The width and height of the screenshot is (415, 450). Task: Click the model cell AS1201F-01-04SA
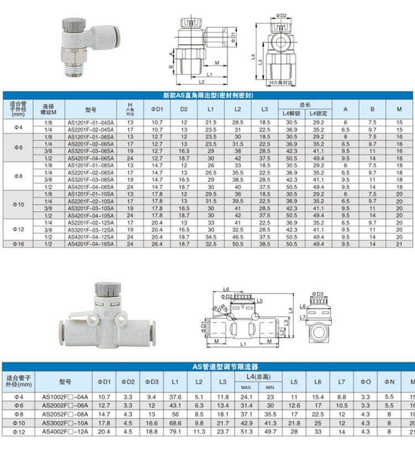point(91,121)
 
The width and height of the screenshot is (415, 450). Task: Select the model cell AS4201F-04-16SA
point(91,243)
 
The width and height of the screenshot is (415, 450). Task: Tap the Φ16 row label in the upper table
point(19,243)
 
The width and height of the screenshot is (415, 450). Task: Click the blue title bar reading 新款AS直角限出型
point(207,95)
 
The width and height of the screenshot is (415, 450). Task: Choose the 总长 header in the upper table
point(305,103)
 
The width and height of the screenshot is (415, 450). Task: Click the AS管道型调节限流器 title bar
point(207,366)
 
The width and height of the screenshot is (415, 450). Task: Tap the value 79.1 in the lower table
point(175,431)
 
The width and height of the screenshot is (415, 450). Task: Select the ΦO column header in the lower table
point(366,381)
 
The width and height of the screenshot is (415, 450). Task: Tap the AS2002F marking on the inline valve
point(136,334)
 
